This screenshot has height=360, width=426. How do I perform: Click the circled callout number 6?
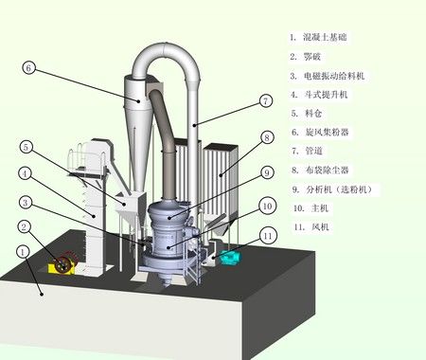(28, 68)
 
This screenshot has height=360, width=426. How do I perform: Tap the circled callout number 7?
(265, 100)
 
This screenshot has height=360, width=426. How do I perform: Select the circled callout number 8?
(267, 137)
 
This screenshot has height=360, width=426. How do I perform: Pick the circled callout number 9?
(267, 172)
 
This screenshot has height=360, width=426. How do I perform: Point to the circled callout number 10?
(267, 207)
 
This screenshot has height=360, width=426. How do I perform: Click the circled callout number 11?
(268, 236)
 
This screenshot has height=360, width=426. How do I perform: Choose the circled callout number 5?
(26, 147)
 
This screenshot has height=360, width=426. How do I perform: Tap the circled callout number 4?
(25, 173)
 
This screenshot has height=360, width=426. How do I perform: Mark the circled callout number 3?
(26, 202)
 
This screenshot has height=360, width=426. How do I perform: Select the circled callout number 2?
(25, 226)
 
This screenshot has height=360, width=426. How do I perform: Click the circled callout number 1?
(23, 252)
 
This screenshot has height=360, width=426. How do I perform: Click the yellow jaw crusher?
(62, 264)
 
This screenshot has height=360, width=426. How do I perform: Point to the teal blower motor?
(231, 257)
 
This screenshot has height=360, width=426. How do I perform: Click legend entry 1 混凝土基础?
(318, 37)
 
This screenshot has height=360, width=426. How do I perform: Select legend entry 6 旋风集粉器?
(320, 132)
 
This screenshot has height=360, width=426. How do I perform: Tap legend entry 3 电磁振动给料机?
(328, 76)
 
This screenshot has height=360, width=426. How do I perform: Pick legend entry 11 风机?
(311, 226)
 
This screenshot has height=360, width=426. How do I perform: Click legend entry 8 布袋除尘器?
(320, 171)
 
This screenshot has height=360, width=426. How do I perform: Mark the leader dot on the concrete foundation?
(42, 294)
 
